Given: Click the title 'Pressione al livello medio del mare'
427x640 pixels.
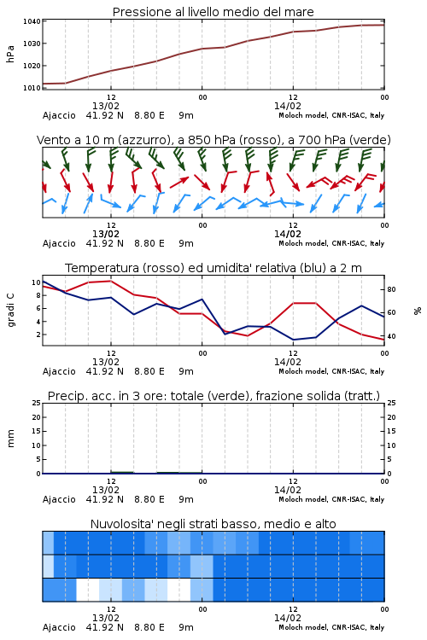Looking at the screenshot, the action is pos(213,12).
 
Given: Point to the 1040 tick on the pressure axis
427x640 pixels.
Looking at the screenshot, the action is pos(32,21).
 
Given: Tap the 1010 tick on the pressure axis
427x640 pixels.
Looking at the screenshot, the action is pos(32,88).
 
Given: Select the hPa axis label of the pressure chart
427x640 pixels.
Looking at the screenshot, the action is pos(10,54).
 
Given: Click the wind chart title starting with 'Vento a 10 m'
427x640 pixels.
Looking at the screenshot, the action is pos(213,140).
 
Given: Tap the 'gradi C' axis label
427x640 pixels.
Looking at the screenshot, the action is pos(10,310).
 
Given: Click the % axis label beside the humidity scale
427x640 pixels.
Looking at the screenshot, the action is pos(418,311).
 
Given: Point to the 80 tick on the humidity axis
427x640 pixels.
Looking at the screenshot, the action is pos(391,289).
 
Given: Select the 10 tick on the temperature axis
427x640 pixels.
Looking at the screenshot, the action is pos(36,282).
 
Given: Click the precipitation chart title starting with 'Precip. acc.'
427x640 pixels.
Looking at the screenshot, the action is pos(213,396).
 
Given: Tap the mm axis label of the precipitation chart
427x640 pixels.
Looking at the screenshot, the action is pos(10,439).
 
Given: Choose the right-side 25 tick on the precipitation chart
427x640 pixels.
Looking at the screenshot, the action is pos(391,403).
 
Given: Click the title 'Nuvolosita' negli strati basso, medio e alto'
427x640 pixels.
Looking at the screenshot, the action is pos(213,524).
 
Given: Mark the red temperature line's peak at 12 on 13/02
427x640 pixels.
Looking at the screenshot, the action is pos(111,281).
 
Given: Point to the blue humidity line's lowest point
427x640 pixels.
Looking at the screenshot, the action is pos(293,340).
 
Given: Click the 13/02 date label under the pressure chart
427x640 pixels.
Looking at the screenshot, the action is pos(105,106).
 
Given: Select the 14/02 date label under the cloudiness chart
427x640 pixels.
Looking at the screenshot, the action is pos(287,618).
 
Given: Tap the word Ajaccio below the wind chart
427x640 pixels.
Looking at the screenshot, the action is pos(59,244).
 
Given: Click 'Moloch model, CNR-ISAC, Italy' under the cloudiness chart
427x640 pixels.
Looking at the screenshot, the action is pos(331,627).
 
